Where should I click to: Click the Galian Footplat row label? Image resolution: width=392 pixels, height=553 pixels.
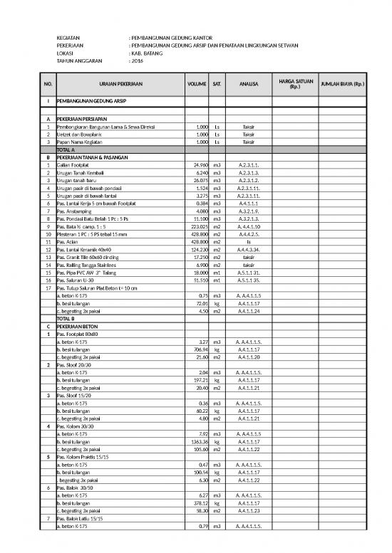(x=73, y=165)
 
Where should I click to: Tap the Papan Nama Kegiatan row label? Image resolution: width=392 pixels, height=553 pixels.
(x=81, y=141)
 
